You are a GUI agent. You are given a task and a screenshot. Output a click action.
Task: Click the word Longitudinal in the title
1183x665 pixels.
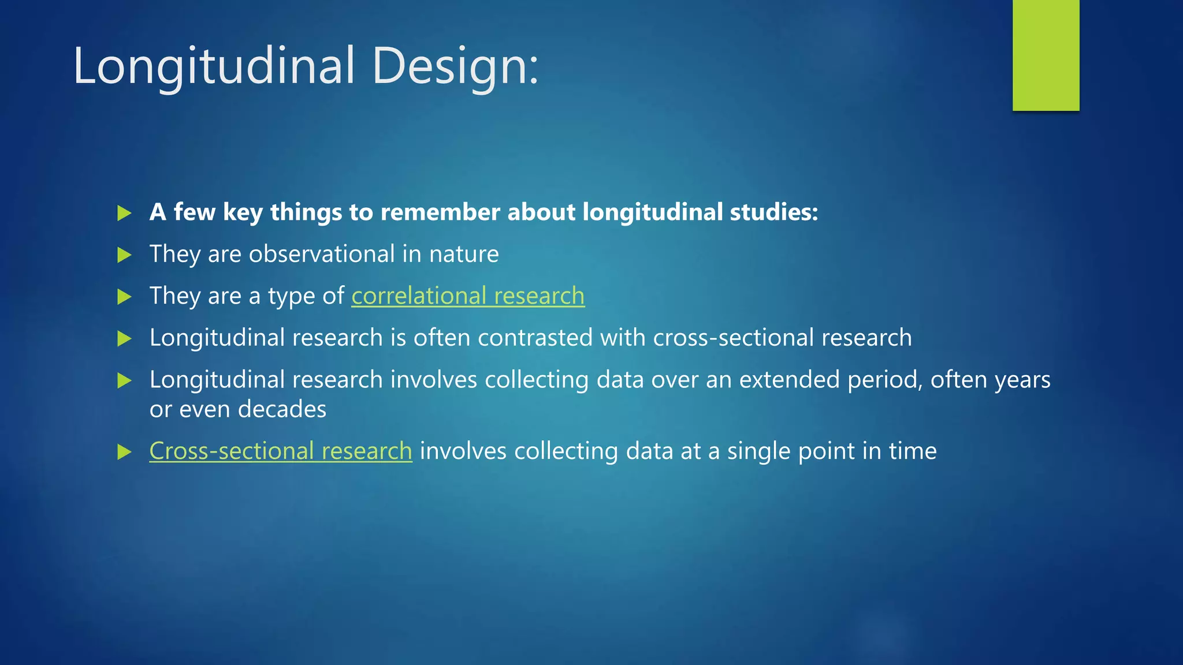coord(214,66)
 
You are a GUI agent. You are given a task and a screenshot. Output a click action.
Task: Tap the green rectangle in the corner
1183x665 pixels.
coord(1046,55)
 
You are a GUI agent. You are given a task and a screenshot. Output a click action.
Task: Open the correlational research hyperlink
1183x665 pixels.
coord(468,296)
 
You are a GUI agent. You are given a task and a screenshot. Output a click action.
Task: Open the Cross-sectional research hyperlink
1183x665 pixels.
coord(281,451)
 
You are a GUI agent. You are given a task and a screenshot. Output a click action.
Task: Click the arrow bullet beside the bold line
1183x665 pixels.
coord(124,213)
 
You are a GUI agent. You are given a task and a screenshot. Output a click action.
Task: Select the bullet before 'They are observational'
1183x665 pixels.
coord(124,255)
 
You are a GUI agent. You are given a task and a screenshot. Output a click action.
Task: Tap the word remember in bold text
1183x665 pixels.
coord(440,212)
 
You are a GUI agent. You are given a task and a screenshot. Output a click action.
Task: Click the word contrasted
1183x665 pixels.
coord(535,338)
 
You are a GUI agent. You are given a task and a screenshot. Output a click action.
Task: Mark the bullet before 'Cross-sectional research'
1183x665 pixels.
coord(124,452)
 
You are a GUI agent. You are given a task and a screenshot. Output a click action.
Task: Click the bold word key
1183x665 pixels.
coord(243,213)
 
